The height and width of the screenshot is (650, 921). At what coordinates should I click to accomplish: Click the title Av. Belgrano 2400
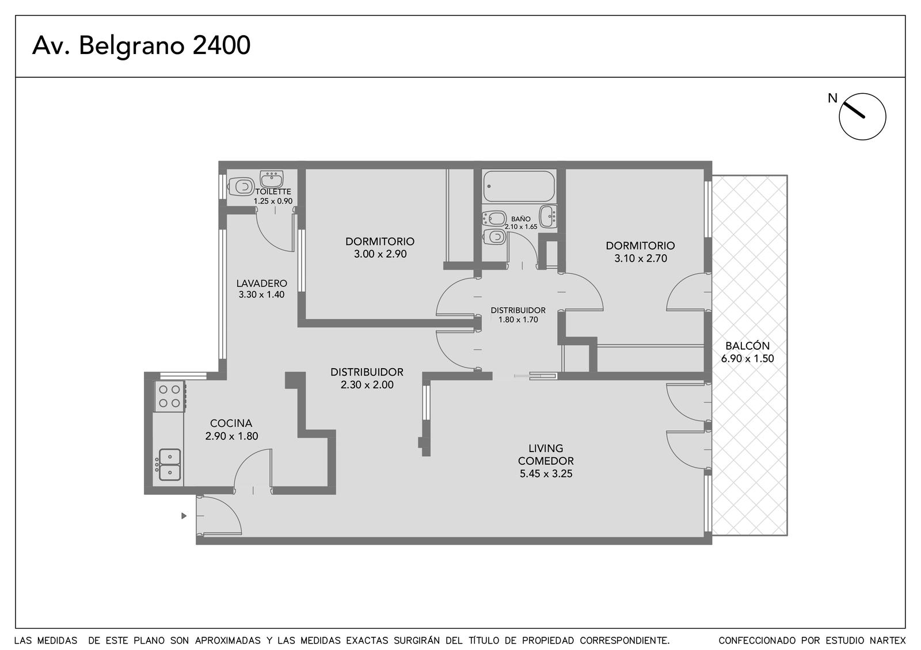tap(141, 45)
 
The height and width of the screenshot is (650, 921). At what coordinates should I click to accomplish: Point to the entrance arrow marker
tap(184, 515)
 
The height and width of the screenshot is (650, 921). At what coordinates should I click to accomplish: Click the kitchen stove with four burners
tap(169, 396)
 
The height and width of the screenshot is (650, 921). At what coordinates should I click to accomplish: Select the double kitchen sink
tap(169, 465)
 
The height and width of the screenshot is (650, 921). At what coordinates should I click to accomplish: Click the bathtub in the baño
tap(519, 186)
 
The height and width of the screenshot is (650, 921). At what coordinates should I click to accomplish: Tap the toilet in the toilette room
tap(241, 187)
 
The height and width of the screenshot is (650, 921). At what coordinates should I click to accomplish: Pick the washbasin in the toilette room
tap(272, 179)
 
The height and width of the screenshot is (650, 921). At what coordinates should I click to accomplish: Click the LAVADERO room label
tap(261, 283)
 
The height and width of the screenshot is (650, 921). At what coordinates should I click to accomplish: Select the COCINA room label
tap(231, 423)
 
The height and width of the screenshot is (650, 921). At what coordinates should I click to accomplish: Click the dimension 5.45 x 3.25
tap(546, 474)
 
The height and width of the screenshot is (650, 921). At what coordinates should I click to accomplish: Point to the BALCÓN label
tap(748, 346)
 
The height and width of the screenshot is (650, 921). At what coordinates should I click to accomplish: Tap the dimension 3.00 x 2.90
tap(380, 254)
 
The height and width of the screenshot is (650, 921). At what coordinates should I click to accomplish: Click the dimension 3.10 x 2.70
tap(641, 258)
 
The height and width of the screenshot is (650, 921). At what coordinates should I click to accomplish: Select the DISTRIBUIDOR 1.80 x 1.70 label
tap(518, 315)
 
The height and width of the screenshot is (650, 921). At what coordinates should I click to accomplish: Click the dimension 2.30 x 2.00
tap(367, 385)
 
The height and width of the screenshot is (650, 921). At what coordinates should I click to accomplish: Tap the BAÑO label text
tap(521, 219)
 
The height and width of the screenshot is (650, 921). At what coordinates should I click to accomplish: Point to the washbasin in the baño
tap(548, 216)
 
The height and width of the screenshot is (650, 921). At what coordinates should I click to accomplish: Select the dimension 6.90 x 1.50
tap(748, 359)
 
